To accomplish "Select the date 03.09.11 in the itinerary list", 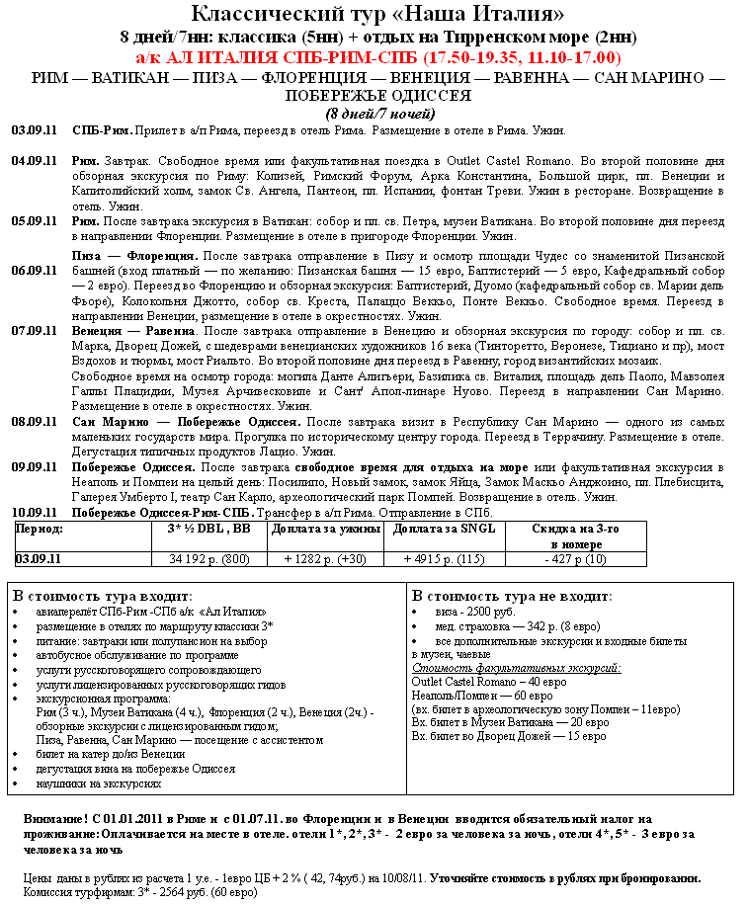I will tap(34, 130).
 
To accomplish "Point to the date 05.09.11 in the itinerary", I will tap(34, 222).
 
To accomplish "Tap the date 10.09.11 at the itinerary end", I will tap(34, 513).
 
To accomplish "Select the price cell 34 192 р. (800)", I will tap(209, 559).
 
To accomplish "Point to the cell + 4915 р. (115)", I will tap(445, 559).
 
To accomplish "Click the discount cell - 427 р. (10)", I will tap(575, 559).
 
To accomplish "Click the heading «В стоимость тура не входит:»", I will tap(512, 597).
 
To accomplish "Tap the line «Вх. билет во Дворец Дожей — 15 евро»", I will tap(509, 736).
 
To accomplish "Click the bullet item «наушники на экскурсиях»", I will tap(99, 783).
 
